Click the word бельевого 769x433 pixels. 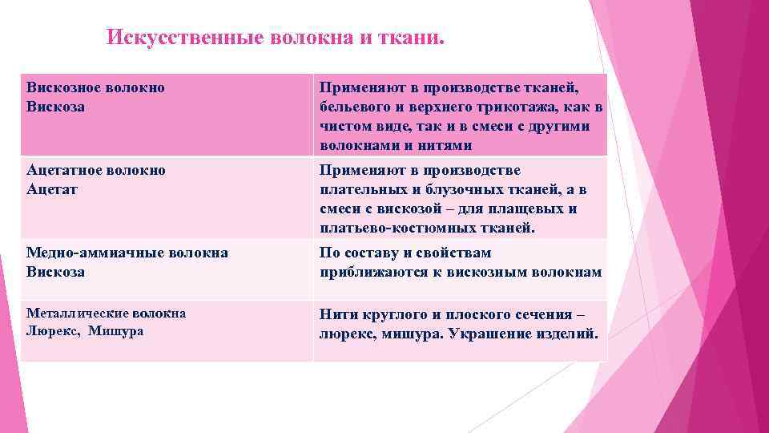click(356, 107)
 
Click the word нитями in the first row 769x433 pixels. click(427, 145)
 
